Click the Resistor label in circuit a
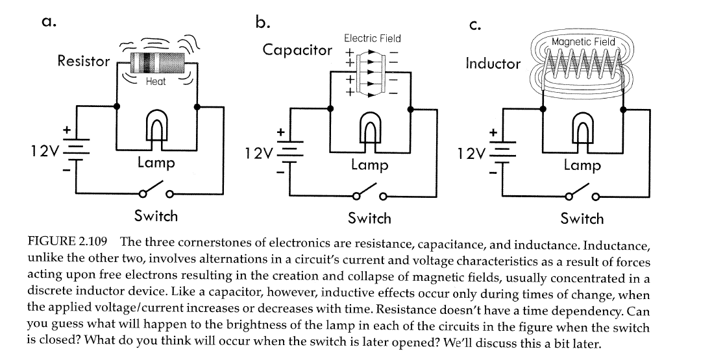[x=83, y=61]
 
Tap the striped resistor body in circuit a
[x=156, y=63]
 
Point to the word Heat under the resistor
[x=156, y=82]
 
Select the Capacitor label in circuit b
[x=297, y=50]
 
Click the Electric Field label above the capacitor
[x=372, y=38]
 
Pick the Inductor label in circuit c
[x=493, y=64]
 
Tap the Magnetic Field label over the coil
[x=582, y=42]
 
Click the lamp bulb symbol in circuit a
[x=156, y=126]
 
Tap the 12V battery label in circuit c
[x=470, y=154]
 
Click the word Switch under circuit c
[x=582, y=219]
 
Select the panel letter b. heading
[x=262, y=23]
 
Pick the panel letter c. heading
[x=474, y=25]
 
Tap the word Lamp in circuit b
[x=369, y=165]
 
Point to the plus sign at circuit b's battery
[x=280, y=131]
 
